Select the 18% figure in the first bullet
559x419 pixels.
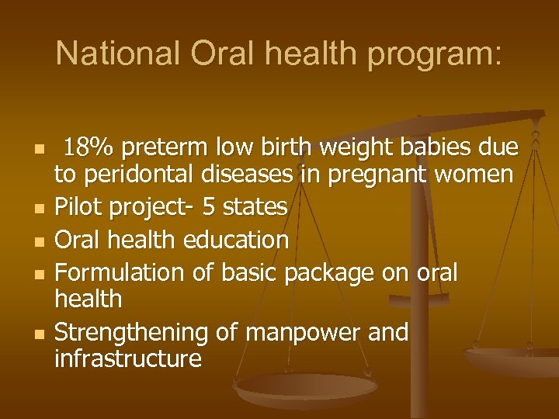(x=89, y=146)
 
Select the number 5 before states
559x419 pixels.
(x=208, y=207)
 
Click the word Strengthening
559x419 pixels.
(x=131, y=334)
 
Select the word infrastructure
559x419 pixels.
(x=128, y=359)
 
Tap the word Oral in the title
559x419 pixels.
(x=214, y=54)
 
